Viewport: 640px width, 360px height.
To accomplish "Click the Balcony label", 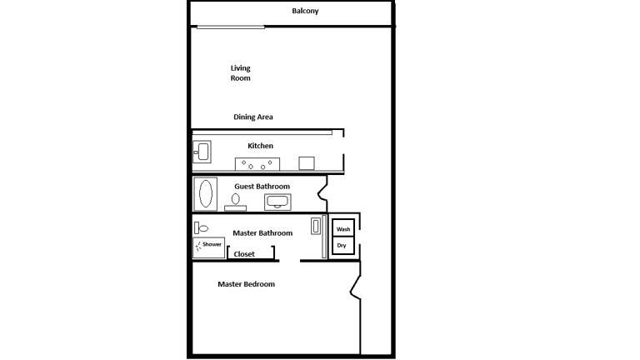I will coord(305,12).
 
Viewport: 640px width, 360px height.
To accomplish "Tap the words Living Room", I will coord(240,73).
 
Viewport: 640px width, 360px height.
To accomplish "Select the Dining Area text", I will coord(252,117).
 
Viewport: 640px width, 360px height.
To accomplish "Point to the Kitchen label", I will coord(260,146).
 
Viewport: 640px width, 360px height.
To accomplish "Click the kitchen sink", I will coord(202,152).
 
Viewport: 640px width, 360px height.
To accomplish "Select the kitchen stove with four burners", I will coord(257,163).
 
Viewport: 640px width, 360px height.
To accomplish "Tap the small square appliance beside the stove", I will coord(307,163).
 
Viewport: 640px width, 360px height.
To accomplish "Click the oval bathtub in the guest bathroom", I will coord(205,194).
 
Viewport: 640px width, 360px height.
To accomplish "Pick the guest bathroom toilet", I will coord(236,202).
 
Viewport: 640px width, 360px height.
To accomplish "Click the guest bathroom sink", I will coord(277,202).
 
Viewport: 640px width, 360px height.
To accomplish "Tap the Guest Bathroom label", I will coord(262,186).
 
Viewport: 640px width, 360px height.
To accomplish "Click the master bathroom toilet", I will coord(202,227).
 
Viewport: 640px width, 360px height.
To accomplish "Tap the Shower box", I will coord(209,246).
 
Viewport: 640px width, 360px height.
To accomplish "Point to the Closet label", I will coord(244,254).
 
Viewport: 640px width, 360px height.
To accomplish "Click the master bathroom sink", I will coord(316,226).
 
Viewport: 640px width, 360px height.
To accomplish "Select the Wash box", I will coord(343,229).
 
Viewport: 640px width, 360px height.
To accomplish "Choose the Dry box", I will coord(343,246).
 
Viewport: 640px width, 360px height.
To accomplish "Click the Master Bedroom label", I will coord(246,285).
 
